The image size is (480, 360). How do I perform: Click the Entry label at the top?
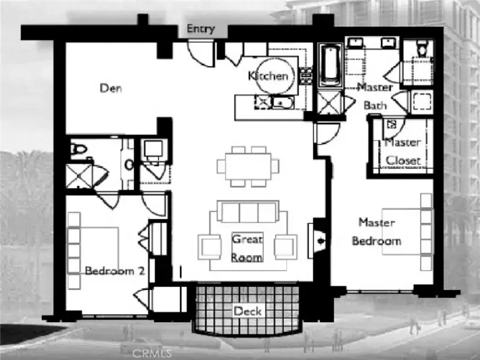point(201,29)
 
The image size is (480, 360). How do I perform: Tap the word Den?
point(111,88)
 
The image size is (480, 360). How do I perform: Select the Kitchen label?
point(268,76)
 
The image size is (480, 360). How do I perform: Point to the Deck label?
point(248,311)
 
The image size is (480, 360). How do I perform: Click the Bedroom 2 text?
point(115,271)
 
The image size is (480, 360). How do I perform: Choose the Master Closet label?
point(403,152)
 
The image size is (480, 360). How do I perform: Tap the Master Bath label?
point(375,97)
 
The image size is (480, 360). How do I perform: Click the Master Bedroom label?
point(377,232)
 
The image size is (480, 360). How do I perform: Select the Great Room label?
point(247,248)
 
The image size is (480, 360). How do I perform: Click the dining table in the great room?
point(248,167)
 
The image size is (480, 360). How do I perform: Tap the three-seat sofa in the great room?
point(248,211)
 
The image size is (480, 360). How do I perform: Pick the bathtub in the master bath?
point(331,65)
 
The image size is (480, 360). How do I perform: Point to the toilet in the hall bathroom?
point(79,149)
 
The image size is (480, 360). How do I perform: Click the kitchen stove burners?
point(306,76)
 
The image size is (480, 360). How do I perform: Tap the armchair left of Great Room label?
point(210,247)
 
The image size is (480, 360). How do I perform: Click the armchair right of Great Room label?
point(286,247)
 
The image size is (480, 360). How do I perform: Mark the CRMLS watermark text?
point(152,353)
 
